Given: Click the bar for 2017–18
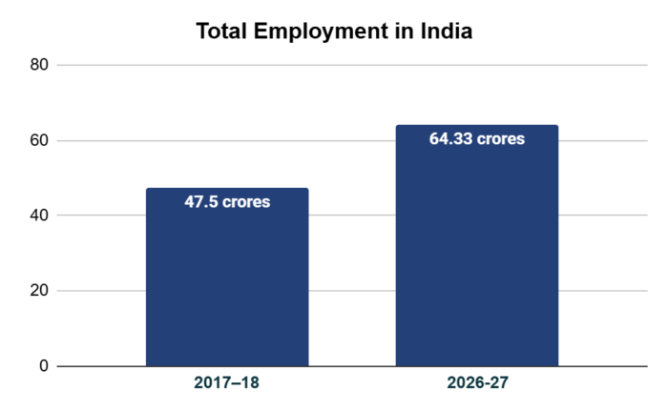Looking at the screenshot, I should tap(227, 286).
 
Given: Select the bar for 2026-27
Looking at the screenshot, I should tap(476, 257).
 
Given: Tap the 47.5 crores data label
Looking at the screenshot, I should tap(227, 202).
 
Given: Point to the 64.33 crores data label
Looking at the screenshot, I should tap(477, 139).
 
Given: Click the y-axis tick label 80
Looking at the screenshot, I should tap(39, 65).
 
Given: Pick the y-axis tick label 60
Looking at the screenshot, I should tap(39, 140).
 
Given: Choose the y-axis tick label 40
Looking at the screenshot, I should tap(39, 216).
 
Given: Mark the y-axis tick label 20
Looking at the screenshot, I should tap(39, 291).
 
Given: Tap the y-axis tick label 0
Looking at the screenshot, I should tap(44, 366).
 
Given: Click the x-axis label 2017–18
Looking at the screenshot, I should tap(227, 384).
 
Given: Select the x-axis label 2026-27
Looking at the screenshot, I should tap(477, 384).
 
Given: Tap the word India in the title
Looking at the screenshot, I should tap(448, 31).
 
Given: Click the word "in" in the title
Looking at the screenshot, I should tap(405, 31).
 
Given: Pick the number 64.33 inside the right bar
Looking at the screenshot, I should tap(451, 139).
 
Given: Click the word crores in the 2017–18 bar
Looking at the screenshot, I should tap(245, 202).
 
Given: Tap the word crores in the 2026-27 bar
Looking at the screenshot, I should tap(501, 139).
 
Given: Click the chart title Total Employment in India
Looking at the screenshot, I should tap(334, 31).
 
